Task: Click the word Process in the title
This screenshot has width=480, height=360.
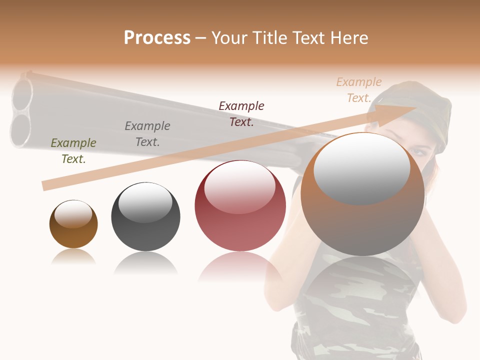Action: (157, 38)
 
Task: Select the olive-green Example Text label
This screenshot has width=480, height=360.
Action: (73, 151)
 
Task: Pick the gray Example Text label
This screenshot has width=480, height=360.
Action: (147, 134)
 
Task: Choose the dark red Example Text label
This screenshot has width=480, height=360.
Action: (241, 114)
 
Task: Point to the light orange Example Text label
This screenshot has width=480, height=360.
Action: (358, 90)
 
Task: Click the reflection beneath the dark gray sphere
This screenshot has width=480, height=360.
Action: (145, 262)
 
